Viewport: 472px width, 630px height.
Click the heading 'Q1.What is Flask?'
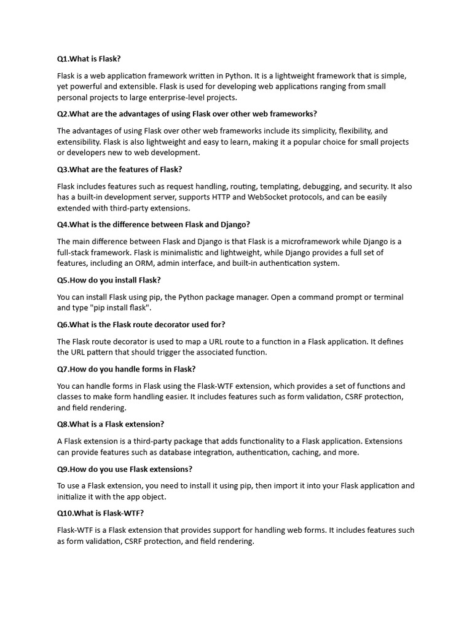(89, 59)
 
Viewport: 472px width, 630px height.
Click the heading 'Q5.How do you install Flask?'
(109, 280)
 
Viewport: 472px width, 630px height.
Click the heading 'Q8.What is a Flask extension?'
(111, 424)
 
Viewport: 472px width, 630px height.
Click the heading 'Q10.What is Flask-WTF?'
(100, 513)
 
